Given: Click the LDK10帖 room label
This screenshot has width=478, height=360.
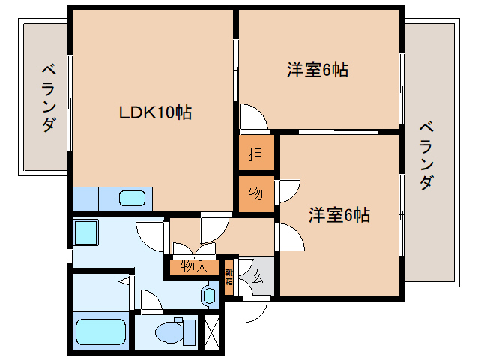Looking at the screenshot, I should click(156, 112).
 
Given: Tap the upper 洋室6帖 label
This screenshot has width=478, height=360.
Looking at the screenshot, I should click(318, 70).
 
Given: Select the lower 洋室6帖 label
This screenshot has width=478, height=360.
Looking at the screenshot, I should click(339, 215).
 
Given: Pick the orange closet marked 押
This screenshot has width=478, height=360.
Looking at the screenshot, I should click(255, 155).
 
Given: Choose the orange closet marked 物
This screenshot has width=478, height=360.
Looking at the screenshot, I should click(255, 193).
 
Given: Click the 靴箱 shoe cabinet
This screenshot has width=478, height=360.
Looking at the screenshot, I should click(229, 277).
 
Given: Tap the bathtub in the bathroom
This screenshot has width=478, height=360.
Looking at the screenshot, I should click(101, 331).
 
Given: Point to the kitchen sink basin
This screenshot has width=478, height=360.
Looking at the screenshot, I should click(132, 199).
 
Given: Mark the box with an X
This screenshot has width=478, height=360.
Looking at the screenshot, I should click(212, 332).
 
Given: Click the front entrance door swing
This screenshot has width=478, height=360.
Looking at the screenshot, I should click(253, 309).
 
